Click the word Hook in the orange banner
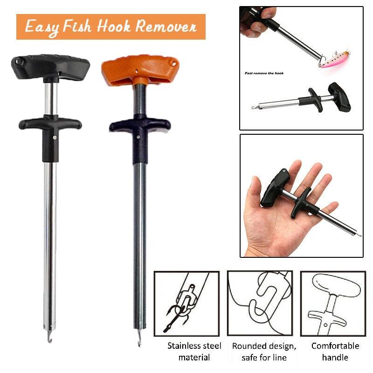[114, 26]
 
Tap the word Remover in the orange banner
[166, 26]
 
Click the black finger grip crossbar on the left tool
[50, 123]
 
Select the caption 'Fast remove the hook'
[264, 73]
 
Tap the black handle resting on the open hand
[276, 187]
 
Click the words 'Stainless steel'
[194, 346]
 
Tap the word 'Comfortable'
[335, 346]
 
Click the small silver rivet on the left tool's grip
[55, 137]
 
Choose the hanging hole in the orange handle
[174, 64]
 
